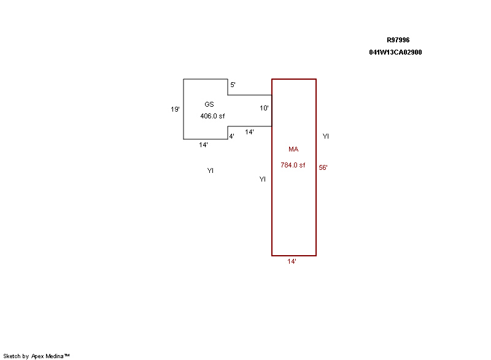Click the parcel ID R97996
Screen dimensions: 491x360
coord(398,40)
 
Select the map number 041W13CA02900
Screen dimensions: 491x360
coord(395,52)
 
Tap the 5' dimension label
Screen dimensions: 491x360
coord(233,85)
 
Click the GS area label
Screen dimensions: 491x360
coord(209,104)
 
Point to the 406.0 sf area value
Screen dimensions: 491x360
coord(212,116)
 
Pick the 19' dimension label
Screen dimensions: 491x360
coord(175,109)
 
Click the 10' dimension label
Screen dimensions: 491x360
coord(264,108)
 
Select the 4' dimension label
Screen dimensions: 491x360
coord(232,136)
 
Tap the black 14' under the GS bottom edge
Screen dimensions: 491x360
coord(203,145)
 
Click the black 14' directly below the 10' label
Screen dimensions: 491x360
coord(249,132)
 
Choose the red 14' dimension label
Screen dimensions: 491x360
coord(292,261)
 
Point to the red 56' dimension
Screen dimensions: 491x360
coord(323,167)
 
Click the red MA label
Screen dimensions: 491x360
coord(293,149)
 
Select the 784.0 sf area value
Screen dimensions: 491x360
coord(293,165)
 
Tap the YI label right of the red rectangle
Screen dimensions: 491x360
coord(326,136)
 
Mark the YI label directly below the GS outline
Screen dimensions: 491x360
coord(211,170)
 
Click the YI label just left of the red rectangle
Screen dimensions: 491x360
coord(263,179)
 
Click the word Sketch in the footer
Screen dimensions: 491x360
coord(12,356)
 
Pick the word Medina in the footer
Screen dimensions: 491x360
coord(55,356)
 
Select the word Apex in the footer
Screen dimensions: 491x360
coord(37,356)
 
